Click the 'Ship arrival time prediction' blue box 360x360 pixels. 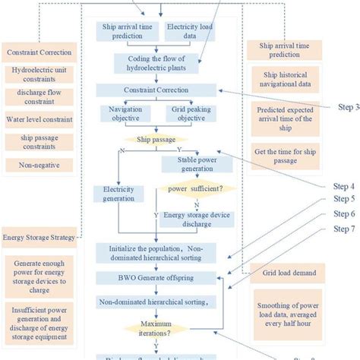point(130,31)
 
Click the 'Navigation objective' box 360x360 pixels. point(126,115)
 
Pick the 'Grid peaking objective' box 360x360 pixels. point(189,115)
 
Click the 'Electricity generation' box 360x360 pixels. point(118,194)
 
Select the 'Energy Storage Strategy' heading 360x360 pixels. point(39,238)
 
